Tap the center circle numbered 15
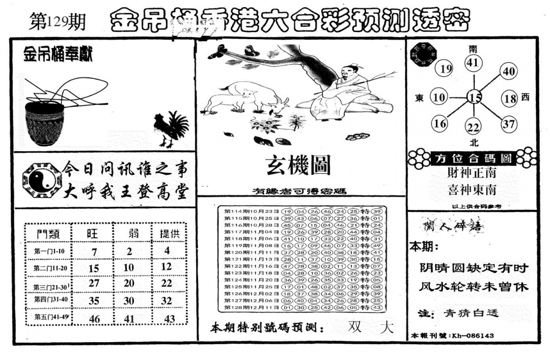pos(475,97)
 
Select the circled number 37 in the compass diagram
pos(508,123)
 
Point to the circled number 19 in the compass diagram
pos(446,69)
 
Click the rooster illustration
pos(171,128)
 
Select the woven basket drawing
pos(45,122)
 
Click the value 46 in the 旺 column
pos(94,319)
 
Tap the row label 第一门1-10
pos(47,251)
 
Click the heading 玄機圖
pos(298,165)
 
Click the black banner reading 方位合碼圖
pos(473,158)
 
